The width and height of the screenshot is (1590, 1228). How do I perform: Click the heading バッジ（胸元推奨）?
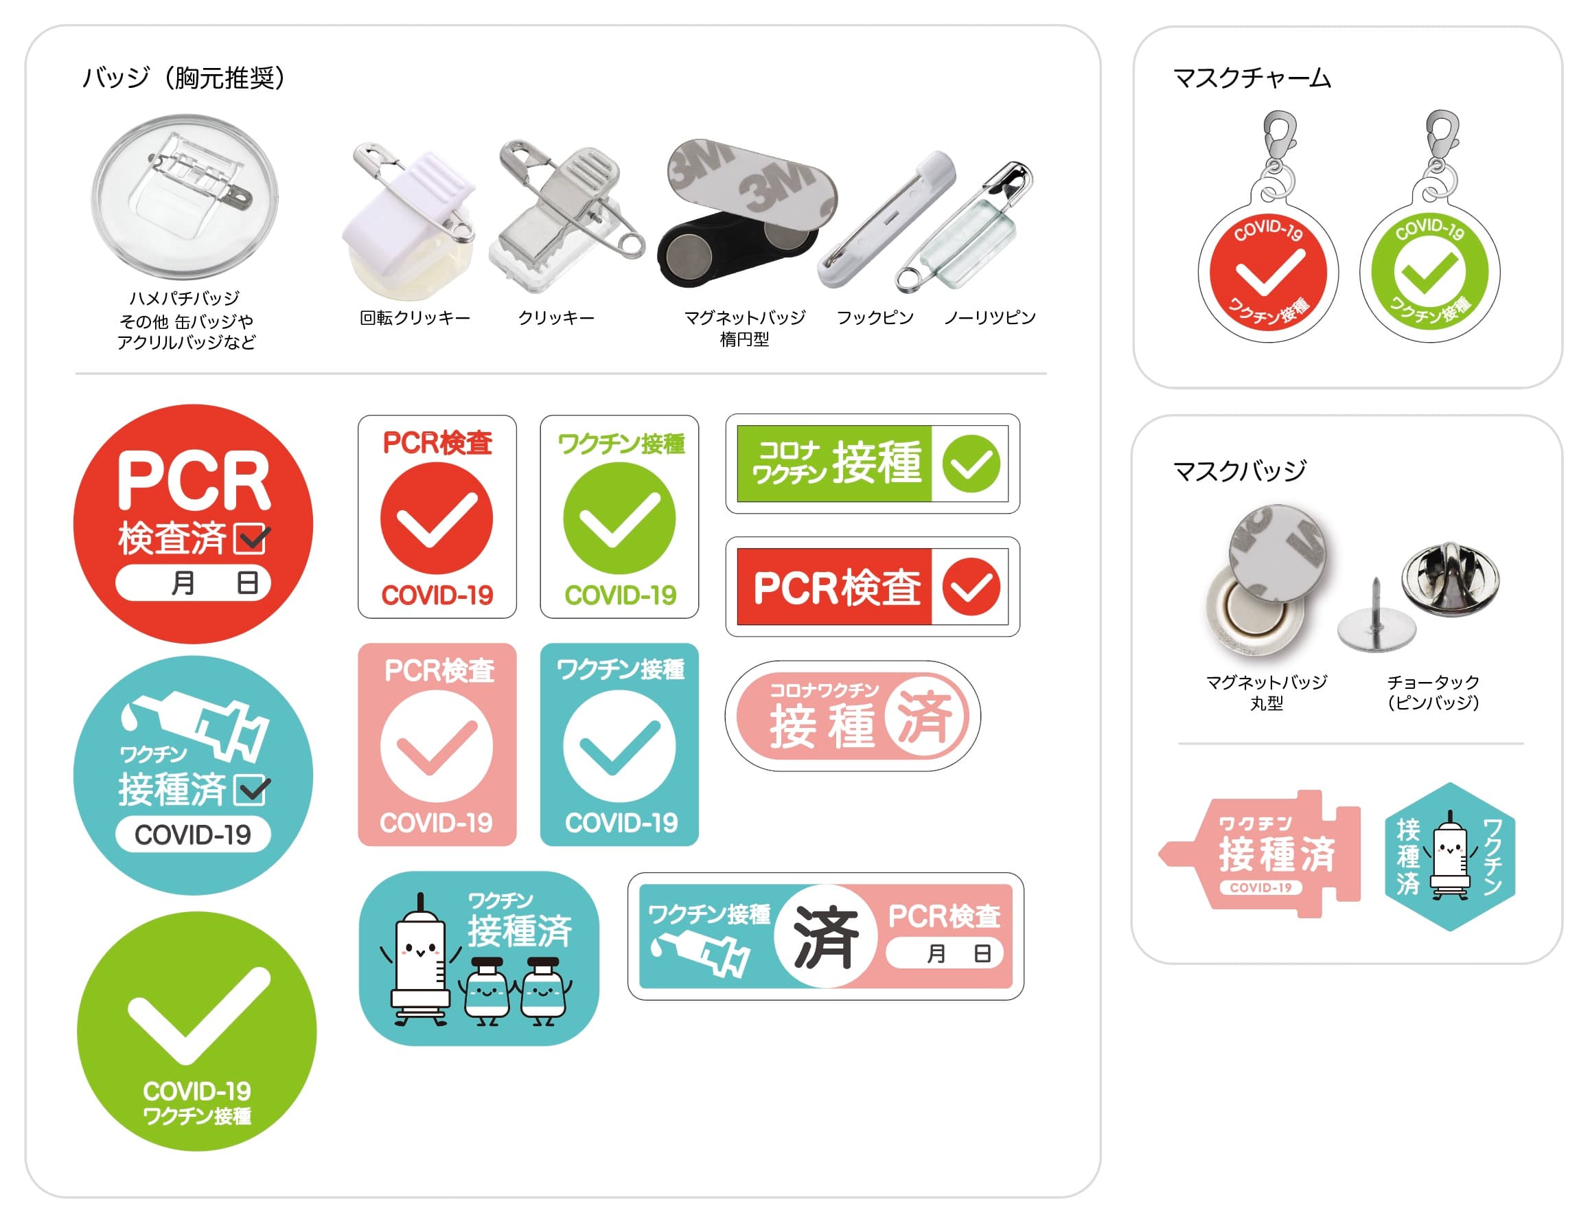(x=183, y=77)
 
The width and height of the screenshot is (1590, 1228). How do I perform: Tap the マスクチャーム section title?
(x=1252, y=78)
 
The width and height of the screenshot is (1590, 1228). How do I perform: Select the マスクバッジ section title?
(x=1240, y=471)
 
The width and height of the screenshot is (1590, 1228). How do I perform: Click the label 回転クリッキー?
(x=415, y=317)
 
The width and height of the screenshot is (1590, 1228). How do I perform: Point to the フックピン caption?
(x=875, y=317)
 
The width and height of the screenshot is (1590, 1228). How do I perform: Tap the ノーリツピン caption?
(x=990, y=317)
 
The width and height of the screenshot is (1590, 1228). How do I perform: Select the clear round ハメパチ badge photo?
(x=185, y=196)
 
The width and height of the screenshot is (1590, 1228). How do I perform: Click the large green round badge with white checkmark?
(x=196, y=1032)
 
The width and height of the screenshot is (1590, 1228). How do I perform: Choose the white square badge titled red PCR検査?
(x=437, y=517)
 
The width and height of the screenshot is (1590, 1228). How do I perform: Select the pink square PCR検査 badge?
(x=437, y=744)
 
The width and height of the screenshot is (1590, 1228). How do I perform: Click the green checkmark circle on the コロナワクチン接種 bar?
(x=971, y=464)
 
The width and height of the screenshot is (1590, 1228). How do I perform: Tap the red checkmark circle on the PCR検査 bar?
(x=971, y=587)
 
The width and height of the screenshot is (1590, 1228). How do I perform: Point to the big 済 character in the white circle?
(x=826, y=937)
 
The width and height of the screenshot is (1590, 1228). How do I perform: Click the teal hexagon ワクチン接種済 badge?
(x=1449, y=856)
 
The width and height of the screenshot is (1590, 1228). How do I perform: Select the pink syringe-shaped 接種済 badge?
(x=1260, y=854)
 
